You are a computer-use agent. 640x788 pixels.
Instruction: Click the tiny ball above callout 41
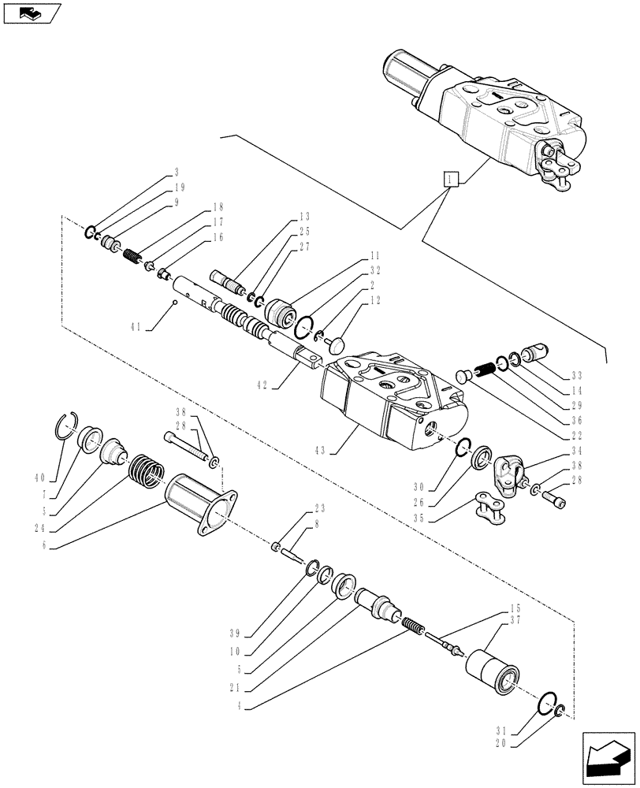point(174,302)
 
